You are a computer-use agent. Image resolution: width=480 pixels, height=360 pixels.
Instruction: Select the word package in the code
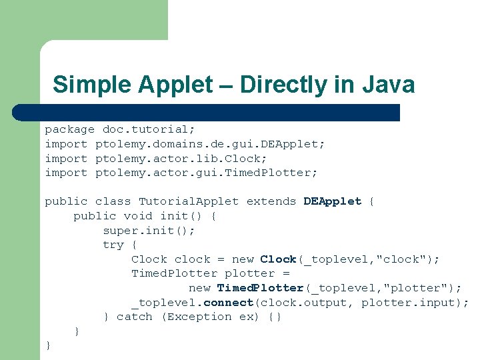tap(69, 129)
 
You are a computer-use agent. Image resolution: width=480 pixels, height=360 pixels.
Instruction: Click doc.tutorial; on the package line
tap(145, 129)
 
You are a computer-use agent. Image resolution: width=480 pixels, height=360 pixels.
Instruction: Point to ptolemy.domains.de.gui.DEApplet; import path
tap(210, 144)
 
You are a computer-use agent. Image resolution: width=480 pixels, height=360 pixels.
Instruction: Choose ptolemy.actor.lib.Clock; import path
tap(181, 159)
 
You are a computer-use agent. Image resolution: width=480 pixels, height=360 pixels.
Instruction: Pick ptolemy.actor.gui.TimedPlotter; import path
tap(207, 173)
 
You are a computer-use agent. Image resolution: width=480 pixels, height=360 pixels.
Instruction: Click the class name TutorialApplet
tap(189, 201)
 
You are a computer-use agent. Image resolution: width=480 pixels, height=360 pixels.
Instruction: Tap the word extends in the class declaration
tap(271, 201)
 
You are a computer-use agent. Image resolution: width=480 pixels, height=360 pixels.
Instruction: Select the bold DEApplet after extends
tap(332, 201)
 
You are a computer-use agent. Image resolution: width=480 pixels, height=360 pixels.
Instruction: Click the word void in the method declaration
tap(138, 216)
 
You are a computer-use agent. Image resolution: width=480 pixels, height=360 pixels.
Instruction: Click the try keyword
tap(113, 245)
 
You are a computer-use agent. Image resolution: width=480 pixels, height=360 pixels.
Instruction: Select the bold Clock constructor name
tap(278, 259)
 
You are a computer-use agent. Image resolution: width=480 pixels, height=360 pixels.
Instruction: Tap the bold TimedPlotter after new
tap(261, 288)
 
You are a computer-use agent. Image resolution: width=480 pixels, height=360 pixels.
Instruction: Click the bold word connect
tap(228, 303)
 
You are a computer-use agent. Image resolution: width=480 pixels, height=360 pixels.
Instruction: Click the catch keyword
tap(134, 317)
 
